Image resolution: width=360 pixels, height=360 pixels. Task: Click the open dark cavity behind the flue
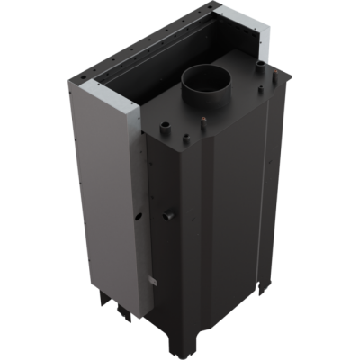(180, 63)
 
